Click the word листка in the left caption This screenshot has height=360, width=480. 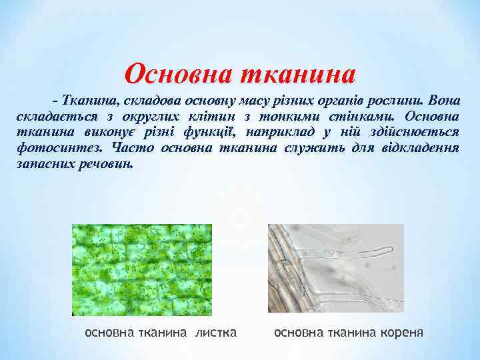(x=215, y=331)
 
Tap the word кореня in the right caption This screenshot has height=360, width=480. (x=399, y=331)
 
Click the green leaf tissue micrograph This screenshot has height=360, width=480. (x=142, y=269)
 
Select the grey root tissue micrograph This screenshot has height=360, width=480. (x=335, y=268)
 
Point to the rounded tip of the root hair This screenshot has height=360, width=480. (x=390, y=251)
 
